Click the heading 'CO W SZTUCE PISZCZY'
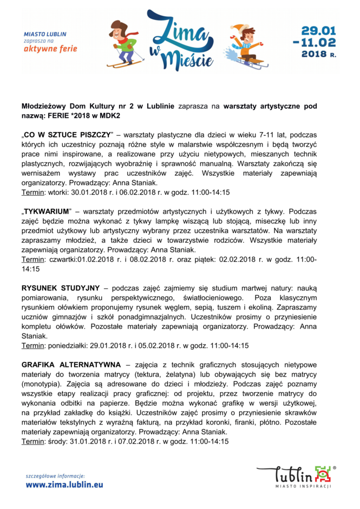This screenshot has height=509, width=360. pos(67,134)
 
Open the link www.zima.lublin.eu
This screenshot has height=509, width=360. pos(64,485)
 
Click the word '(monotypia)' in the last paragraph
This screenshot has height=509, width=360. pos(42,384)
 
